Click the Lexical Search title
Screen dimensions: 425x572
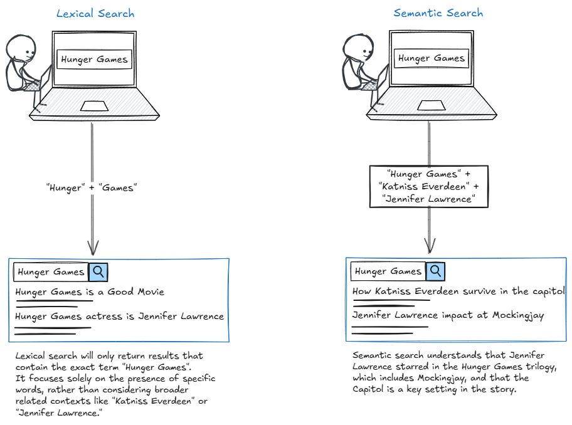pos(95,13)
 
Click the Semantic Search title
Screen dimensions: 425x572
pos(438,13)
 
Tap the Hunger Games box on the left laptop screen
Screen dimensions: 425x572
pos(95,60)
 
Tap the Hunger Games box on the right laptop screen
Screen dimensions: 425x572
pos(432,59)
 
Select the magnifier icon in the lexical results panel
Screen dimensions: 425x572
pos(98,272)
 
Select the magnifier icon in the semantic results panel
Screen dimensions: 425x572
pos(435,271)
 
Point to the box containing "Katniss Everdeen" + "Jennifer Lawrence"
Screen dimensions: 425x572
pos(429,186)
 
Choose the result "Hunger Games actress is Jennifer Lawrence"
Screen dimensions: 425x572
pos(119,317)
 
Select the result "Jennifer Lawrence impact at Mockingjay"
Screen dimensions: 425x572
pos(448,315)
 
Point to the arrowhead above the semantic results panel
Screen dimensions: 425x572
pos(430,246)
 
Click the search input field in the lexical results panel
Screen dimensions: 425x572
pos(51,272)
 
